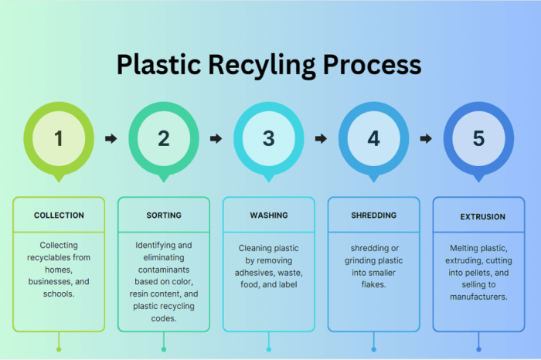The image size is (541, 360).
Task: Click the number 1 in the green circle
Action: (59, 138)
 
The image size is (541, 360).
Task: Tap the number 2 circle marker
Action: (164, 138)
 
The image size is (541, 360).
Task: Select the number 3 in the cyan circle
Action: (268, 138)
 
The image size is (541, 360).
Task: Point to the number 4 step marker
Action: (373, 138)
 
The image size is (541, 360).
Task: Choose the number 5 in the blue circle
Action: (478, 138)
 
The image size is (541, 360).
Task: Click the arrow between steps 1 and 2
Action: (111, 139)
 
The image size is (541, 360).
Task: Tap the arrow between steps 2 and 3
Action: (216, 139)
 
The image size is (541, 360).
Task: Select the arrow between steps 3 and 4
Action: (321, 139)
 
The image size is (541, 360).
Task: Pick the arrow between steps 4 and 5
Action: (426, 139)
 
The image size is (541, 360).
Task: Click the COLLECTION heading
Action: (59, 215)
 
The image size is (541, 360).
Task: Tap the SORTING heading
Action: (164, 215)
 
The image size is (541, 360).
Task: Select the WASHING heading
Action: (268, 215)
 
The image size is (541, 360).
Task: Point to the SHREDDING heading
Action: (373, 215)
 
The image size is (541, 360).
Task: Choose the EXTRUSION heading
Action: (478, 216)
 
